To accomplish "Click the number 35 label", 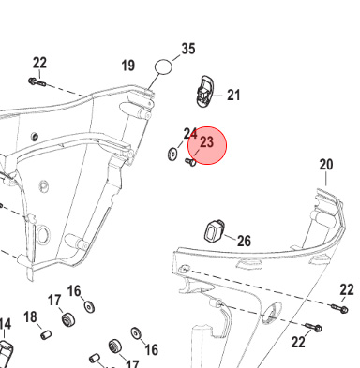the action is pos(188,49).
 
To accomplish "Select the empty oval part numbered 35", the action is pos(163,66).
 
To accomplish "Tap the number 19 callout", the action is pos(127,66).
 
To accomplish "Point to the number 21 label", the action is pos(233,95).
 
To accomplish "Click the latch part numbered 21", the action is pos(205,91).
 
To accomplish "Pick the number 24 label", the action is pos(190,134).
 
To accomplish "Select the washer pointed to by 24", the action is pos(172,155).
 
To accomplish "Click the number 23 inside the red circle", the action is pos(206,142).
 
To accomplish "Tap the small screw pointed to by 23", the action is pos(190,162).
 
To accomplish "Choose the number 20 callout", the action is pos(326,165).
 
